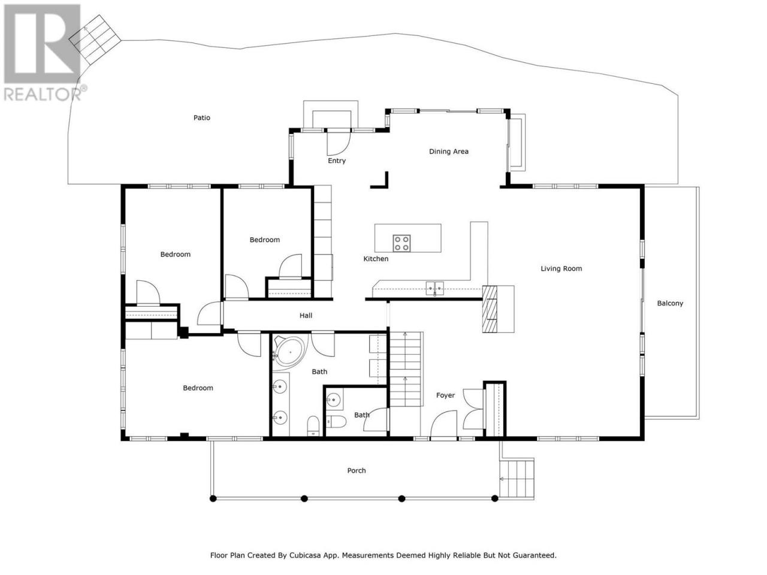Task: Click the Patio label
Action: click(201, 117)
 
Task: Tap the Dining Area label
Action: click(448, 152)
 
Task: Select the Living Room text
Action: click(561, 268)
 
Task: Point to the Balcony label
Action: click(669, 304)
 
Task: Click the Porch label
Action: click(356, 471)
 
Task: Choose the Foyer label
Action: click(445, 395)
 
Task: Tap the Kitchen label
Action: click(376, 259)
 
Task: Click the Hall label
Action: click(306, 316)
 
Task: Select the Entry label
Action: click(337, 161)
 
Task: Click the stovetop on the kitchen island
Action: click(401, 243)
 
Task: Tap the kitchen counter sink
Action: click(434, 288)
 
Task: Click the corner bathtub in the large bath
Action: click(288, 352)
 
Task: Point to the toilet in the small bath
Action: click(336, 422)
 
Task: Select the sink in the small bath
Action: click(333, 399)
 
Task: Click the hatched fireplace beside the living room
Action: click(489, 309)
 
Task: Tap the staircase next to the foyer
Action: click(406, 369)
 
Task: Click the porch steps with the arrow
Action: click(516, 479)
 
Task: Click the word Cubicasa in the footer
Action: click(304, 555)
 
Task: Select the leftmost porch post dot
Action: click(213, 498)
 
